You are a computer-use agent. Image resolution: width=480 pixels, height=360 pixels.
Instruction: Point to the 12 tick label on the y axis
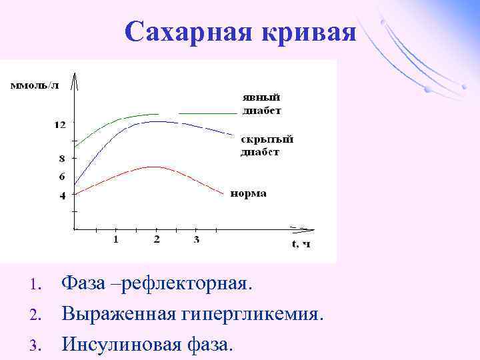pos(60,125)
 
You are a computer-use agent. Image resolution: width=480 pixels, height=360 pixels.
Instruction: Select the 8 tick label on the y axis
pos(62,159)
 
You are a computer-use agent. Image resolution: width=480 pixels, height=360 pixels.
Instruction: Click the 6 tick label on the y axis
pos(62,177)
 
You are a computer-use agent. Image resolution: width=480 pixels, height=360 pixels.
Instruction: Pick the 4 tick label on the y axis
pos(62,196)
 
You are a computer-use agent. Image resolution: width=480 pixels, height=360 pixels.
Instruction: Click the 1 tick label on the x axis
pos(115,239)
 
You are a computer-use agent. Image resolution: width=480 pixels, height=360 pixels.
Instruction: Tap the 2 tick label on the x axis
pos(156,239)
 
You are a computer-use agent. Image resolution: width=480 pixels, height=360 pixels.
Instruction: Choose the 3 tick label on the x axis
pos(196,239)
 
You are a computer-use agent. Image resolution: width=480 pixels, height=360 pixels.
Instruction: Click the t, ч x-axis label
pos(301,243)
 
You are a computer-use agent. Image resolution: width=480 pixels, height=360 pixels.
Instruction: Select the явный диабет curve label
pos(261,103)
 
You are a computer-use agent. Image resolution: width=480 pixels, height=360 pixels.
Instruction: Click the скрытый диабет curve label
pos(267,145)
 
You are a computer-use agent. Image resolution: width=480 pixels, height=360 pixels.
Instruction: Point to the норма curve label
pos(249,193)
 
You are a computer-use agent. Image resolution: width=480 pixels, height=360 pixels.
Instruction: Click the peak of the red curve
pos(155,167)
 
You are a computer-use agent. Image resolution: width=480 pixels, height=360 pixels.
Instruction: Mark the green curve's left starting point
pos(75,147)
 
